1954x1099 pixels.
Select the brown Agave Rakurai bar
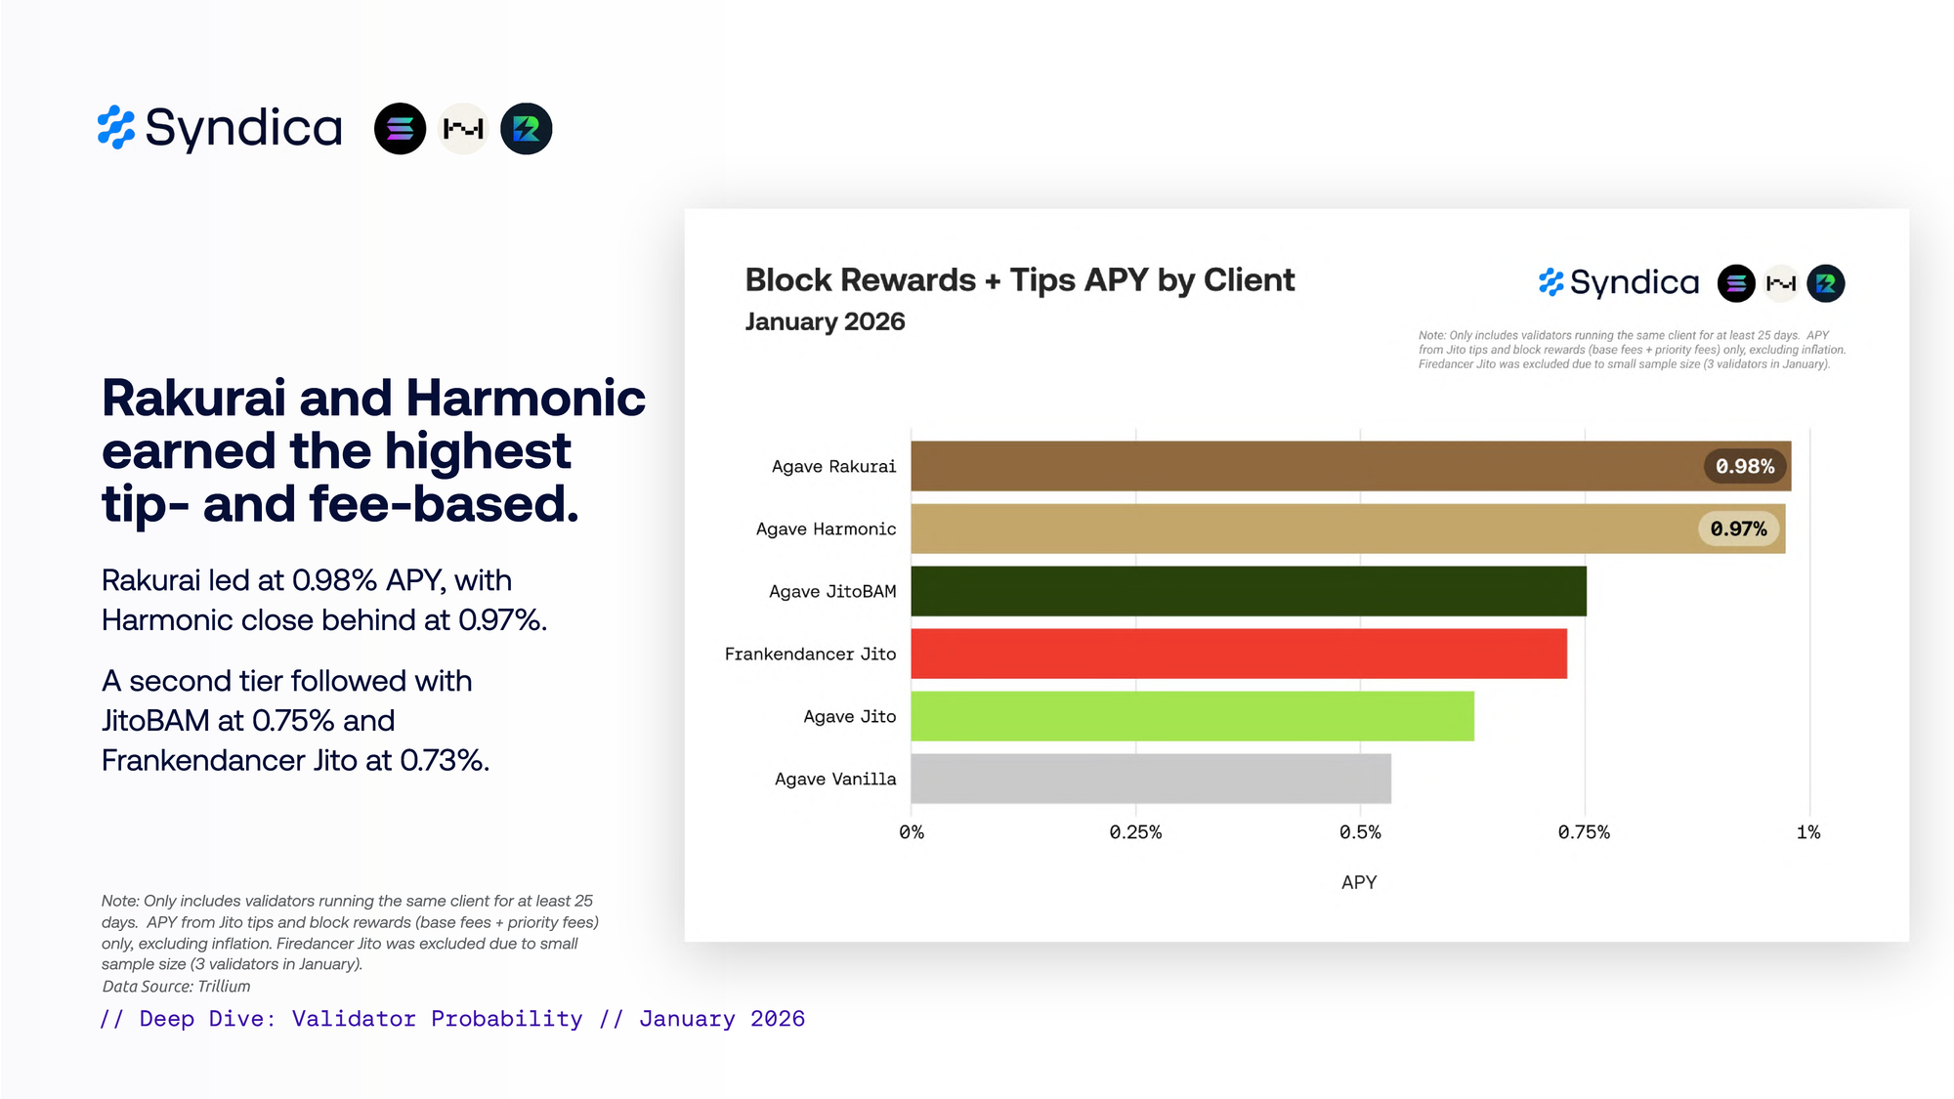1299,466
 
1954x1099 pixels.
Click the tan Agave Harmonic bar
1299,528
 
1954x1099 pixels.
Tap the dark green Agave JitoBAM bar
1249,591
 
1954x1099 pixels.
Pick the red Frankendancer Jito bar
1239,654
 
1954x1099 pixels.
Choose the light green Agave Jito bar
1192,716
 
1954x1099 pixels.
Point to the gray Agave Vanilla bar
1151,779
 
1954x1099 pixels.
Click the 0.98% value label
1745,466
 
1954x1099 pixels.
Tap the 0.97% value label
1738,528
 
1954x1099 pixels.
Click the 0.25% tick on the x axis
1135,832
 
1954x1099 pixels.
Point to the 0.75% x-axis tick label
1584,832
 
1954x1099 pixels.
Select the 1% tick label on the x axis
1808,832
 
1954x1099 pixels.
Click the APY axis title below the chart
1359,882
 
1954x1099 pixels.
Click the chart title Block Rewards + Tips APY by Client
1019,280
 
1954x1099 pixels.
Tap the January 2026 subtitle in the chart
825,321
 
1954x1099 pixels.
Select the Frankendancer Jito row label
810,654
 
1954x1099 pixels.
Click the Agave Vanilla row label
835,779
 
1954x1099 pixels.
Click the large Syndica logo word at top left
243,128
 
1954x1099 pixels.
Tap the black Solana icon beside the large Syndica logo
400,129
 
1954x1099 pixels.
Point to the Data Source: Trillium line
176,987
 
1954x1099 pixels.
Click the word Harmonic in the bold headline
525,398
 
